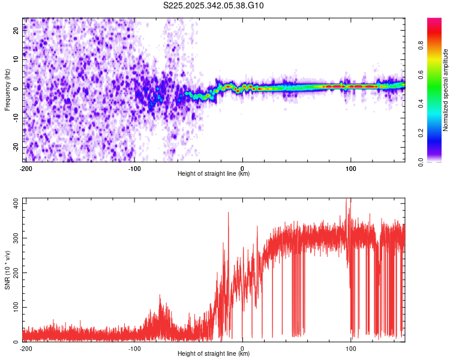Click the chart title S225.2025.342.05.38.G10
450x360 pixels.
[214, 6]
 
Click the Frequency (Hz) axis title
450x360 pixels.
[7, 89]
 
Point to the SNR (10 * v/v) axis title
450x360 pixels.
[7, 269]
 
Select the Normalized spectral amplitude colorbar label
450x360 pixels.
[445, 90]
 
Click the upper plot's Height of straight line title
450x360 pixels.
[214, 173]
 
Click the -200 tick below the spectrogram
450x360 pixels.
[25, 169]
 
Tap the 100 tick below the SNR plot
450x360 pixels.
[351, 348]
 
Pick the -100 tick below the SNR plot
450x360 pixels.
[134, 348]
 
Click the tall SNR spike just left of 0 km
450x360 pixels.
[228, 214]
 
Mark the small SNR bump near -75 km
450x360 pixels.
[160, 296]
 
